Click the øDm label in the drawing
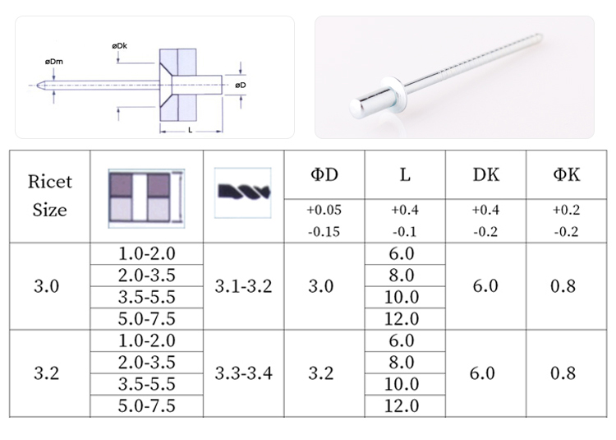point(54,62)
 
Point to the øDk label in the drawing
point(119,46)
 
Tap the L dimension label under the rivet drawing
point(191,130)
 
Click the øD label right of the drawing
point(241,85)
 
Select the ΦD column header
point(324,174)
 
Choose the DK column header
point(486,174)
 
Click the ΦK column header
point(567,174)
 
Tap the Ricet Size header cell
point(50,196)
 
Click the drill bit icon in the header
point(243,192)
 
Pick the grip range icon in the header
point(146,198)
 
